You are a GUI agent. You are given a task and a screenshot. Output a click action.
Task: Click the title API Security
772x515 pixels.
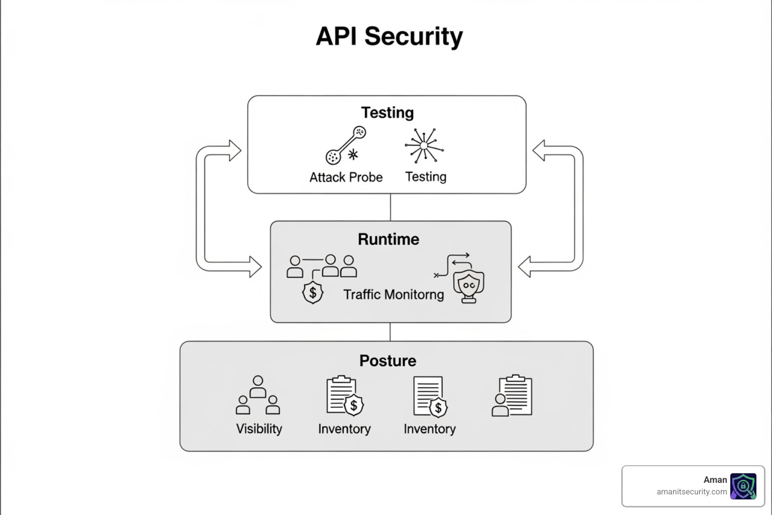point(389,37)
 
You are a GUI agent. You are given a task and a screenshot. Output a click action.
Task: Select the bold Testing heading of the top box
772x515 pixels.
point(387,113)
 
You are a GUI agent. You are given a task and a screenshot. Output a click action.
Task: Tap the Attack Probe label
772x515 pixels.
point(346,178)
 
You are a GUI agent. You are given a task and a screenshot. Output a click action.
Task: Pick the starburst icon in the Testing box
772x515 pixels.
point(424,145)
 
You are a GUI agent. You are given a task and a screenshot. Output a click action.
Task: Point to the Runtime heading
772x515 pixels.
point(388,239)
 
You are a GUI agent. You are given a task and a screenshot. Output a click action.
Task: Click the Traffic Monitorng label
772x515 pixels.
point(394,295)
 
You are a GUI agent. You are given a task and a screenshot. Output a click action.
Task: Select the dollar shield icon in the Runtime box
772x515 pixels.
point(313,292)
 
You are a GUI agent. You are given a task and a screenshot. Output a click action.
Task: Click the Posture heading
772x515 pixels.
point(388,361)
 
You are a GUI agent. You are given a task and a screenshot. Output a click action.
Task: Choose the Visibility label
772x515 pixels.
point(259,429)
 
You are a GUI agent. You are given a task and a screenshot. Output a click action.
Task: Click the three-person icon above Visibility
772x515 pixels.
point(258,395)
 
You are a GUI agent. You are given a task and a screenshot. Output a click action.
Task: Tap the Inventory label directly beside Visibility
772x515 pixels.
point(344,429)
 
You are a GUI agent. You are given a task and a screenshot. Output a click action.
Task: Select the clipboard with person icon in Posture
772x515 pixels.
point(512,396)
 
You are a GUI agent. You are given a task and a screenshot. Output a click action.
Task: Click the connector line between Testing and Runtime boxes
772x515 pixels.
point(391,207)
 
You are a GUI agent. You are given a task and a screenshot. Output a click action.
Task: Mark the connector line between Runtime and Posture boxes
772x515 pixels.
point(391,332)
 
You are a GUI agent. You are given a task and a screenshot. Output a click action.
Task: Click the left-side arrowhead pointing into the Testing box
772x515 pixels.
point(235,150)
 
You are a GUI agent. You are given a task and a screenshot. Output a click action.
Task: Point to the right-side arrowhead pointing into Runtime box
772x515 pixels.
point(525,267)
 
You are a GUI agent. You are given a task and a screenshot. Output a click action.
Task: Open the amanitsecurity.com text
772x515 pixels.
point(692,492)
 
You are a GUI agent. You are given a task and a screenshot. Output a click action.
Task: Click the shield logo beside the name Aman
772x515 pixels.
point(743,486)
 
